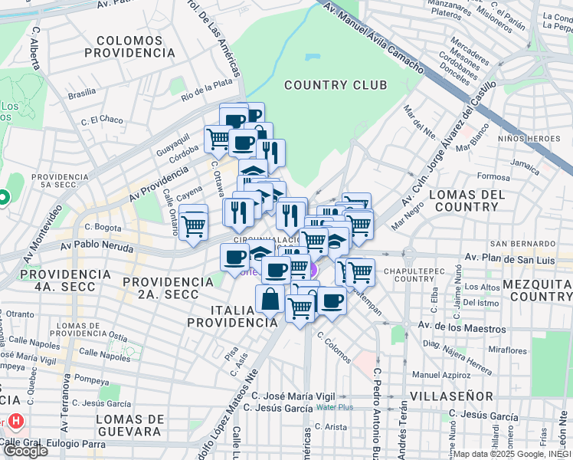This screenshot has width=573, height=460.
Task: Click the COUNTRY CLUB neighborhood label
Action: [336, 85]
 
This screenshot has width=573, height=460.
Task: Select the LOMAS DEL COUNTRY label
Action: [467, 201]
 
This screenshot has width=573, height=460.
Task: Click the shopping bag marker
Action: [270, 299]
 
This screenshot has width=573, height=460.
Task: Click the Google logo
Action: [25, 451]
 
